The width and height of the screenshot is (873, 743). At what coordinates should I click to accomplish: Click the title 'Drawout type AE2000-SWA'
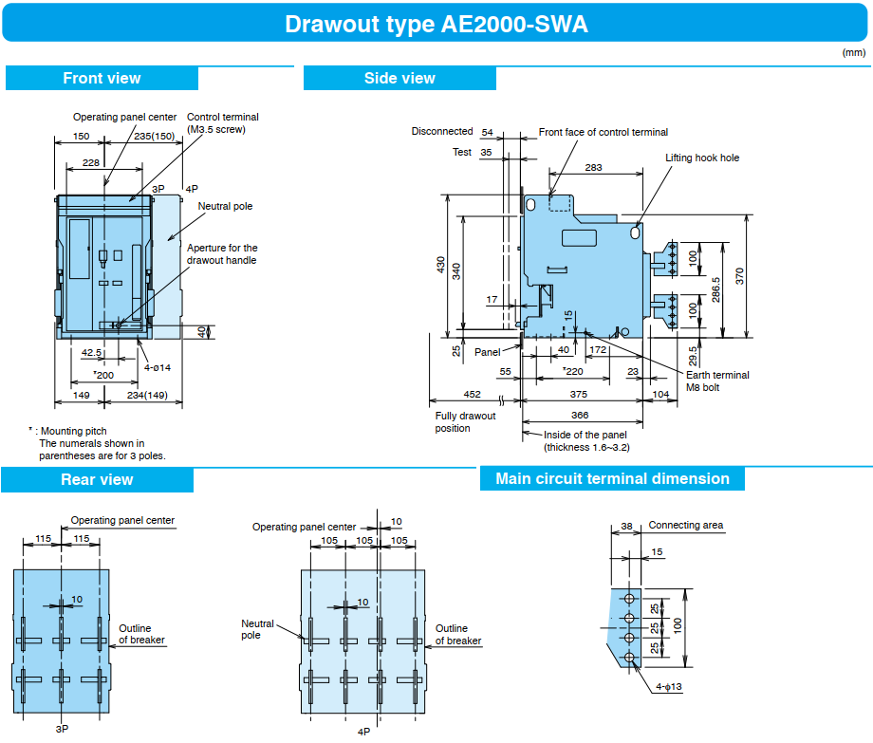(x=436, y=24)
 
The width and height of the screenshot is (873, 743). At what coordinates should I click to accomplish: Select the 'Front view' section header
(x=102, y=79)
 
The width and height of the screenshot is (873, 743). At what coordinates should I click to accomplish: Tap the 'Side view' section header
(x=399, y=79)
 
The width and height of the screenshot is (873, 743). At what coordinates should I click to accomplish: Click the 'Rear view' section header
(x=97, y=480)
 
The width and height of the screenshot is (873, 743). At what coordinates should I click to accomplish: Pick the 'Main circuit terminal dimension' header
(x=612, y=479)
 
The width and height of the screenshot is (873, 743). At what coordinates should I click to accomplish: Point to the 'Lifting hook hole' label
(x=702, y=158)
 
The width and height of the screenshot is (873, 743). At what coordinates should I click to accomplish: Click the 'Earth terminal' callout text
(x=717, y=375)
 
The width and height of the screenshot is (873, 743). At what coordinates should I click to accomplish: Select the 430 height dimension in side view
(x=440, y=266)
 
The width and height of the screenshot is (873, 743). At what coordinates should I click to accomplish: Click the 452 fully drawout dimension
(x=472, y=395)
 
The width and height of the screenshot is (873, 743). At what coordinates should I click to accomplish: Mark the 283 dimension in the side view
(x=593, y=168)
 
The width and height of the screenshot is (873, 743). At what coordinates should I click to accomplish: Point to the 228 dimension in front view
(x=91, y=163)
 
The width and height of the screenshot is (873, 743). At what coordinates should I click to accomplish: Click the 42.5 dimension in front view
(x=92, y=352)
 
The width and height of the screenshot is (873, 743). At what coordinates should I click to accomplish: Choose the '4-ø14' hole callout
(x=158, y=367)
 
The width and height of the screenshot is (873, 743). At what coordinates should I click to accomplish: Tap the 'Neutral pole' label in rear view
(x=257, y=629)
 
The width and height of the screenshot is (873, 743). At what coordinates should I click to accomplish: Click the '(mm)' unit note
(x=853, y=53)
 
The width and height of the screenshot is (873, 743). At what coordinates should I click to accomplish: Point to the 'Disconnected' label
(x=442, y=131)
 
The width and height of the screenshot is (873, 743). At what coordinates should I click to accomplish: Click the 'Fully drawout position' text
(x=465, y=422)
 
